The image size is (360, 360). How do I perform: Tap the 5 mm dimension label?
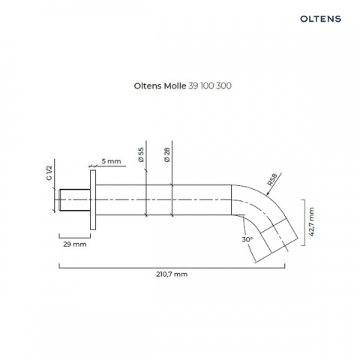[110, 161]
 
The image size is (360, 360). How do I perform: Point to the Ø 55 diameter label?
[140, 155]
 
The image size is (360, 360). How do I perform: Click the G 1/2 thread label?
[50, 175]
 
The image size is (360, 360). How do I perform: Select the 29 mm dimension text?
[74, 244]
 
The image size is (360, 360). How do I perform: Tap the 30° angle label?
[247, 239]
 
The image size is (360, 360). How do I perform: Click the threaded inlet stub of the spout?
[73, 201]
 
